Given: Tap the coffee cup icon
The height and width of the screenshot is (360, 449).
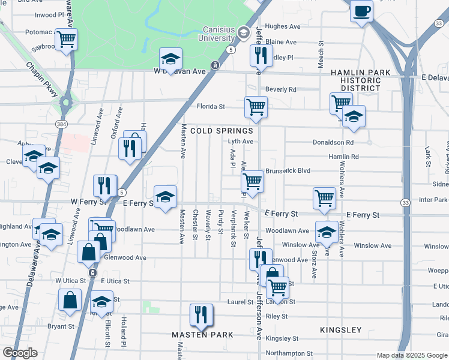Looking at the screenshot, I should pyautogui.click(x=362, y=11).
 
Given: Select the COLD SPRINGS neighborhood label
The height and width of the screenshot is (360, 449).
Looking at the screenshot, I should pyautogui.click(x=221, y=130).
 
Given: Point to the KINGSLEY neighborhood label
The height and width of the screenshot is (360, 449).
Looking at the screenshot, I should pyautogui.click(x=341, y=330).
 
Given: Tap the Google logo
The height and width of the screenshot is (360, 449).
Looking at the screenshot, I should pyautogui.click(x=19, y=353).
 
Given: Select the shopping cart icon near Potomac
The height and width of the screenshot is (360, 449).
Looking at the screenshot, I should pyautogui.click(x=65, y=40).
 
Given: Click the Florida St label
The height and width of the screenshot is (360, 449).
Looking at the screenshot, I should pyautogui.click(x=211, y=107).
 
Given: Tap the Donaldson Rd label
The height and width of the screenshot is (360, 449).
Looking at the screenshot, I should pyautogui.click(x=333, y=143).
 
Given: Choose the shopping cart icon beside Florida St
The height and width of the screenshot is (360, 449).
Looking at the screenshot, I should pyautogui.click(x=256, y=107).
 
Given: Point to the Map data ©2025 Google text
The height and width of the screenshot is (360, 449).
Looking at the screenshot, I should pyautogui.click(x=411, y=355).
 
